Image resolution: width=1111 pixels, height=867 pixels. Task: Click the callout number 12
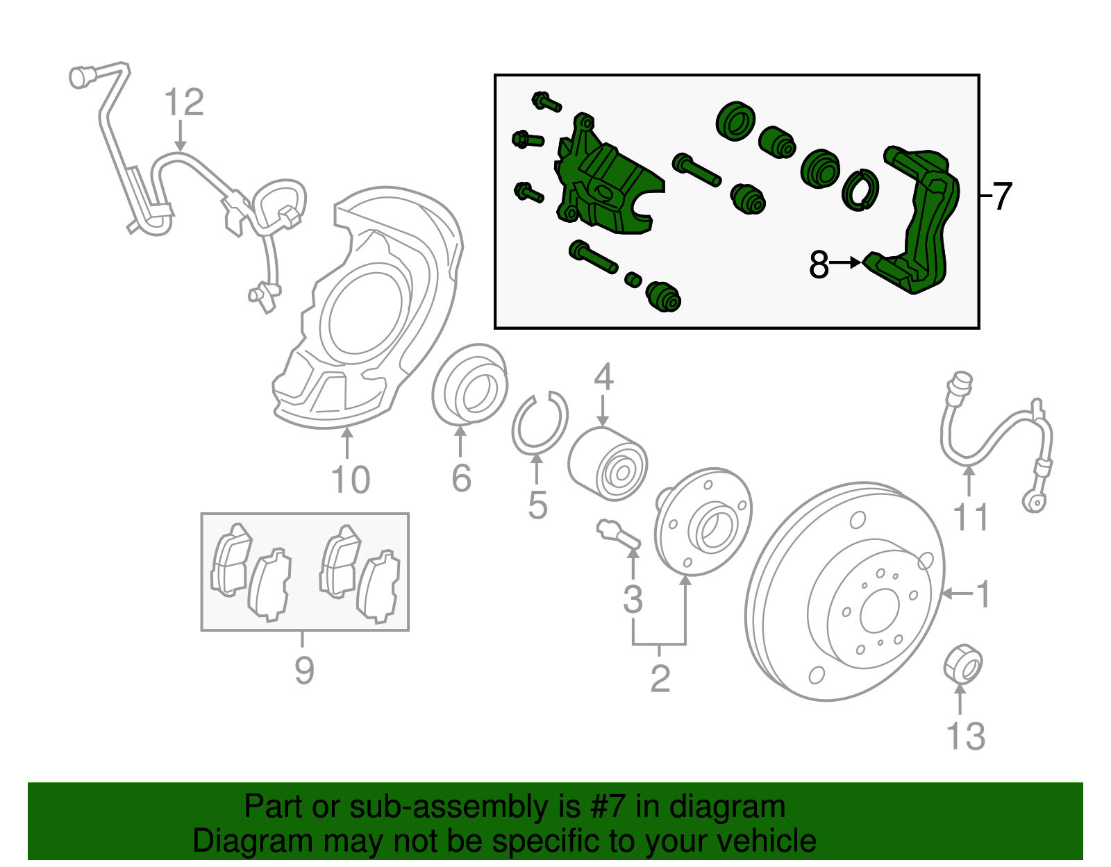[184, 103]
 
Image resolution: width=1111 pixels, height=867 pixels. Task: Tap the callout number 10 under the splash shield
[350, 480]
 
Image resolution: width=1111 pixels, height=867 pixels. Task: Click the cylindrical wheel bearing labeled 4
[607, 464]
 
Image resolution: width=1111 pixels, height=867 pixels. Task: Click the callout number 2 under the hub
[660, 678]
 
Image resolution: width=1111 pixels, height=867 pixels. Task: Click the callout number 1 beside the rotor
[983, 594]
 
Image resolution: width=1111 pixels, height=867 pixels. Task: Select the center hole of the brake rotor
[879, 612]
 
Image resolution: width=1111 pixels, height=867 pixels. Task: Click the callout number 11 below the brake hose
[970, 517]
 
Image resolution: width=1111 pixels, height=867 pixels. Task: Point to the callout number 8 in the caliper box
[819, 264]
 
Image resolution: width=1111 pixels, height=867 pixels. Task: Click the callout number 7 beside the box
[1002, 196]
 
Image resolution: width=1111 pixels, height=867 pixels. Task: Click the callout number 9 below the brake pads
[304, 670]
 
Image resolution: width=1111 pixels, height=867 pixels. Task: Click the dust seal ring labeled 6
[467, 385]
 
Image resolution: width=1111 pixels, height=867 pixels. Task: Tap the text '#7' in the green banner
[608, 807]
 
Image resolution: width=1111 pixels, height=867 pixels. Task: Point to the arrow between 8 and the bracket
[846, 263]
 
